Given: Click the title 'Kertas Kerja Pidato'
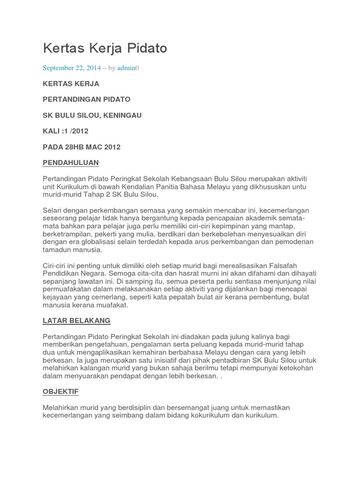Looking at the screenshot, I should click(x=105, y=48).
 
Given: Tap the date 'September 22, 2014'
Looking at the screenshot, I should click(x=72, y=68).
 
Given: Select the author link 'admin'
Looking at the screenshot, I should click(x=126, y=68).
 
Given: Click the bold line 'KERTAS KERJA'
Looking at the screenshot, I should click(x=71, y=84).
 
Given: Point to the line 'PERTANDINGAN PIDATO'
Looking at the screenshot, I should click(x=86, y=100).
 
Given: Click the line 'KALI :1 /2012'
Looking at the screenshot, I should click(x=65, y=131).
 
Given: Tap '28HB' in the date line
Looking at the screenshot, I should click(x=74, y=147).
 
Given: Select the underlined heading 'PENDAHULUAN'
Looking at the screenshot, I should click(x=71, y=163).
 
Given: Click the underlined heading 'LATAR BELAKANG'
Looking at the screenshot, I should click(x=76, y=321).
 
